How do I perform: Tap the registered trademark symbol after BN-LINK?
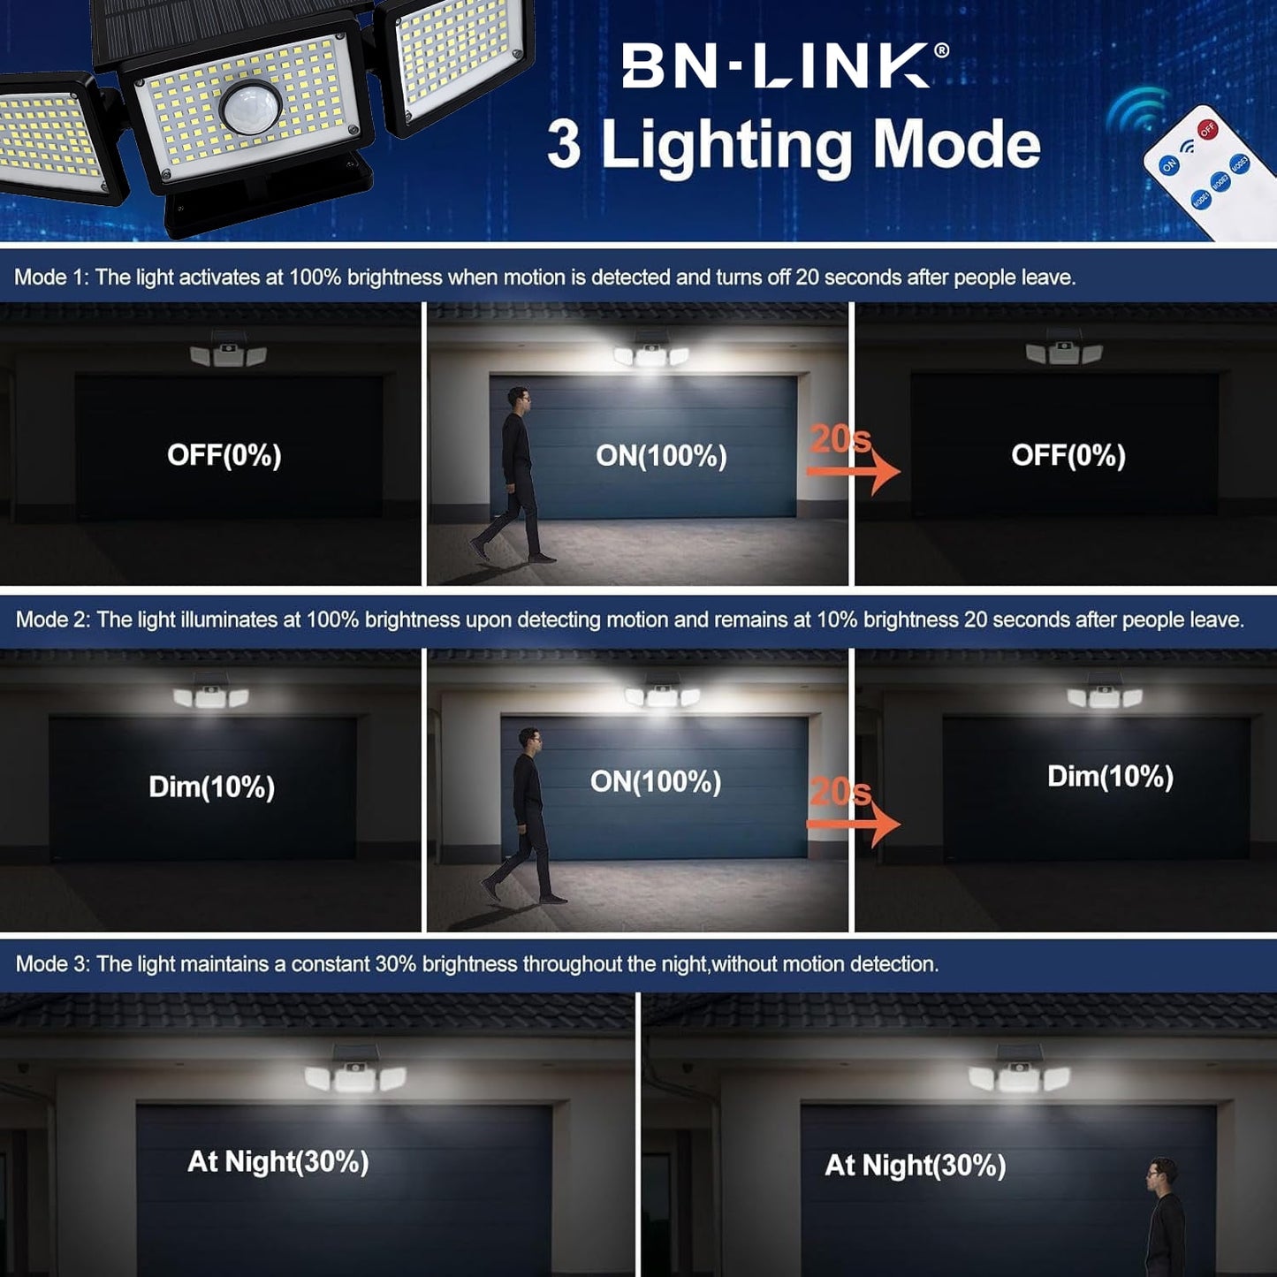point(941,50)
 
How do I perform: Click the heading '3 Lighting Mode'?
point(794,145)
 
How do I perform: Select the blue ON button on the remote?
point(1169,164)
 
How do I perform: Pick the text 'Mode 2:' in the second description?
point(52,619)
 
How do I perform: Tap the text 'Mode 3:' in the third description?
point(52,963)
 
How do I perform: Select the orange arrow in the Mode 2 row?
point(854,824)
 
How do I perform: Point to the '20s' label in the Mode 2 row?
point(840,791)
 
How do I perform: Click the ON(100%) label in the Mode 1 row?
point(661,456)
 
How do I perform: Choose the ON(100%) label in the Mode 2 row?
point(656,782)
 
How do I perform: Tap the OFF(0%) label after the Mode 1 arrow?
point(1068,456)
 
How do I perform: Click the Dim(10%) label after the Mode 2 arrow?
point(1110,777)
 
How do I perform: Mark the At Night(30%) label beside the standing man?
point(915,1183)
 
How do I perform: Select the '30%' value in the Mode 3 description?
point(396,963)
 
